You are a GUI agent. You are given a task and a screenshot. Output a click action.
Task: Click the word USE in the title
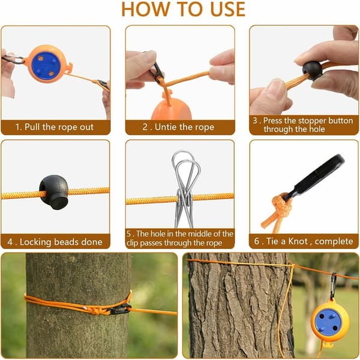[x=227, y=9]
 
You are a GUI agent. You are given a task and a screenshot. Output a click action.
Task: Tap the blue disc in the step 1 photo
[x=46, y=65]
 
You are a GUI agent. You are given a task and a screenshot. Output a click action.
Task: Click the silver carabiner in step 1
[x=13, y=59]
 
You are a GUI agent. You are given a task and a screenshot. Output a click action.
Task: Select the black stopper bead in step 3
[x=312, y=70]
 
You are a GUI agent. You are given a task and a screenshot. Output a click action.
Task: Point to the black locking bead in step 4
[x=54, y=191]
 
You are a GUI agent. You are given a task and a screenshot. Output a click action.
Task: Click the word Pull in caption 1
[x=32, y=127]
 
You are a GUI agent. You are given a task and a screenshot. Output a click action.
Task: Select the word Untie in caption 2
[x=164, y=127]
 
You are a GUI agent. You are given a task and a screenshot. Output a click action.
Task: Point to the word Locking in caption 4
[x=35, y=242]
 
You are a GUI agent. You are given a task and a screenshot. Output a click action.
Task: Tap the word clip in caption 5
[x=133, y=243]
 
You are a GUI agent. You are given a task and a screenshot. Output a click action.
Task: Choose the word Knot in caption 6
[x=298, y=241]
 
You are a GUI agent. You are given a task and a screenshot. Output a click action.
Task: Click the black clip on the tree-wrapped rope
[x=119, y=309]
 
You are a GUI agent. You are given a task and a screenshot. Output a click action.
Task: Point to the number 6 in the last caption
[x=256, y=241]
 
